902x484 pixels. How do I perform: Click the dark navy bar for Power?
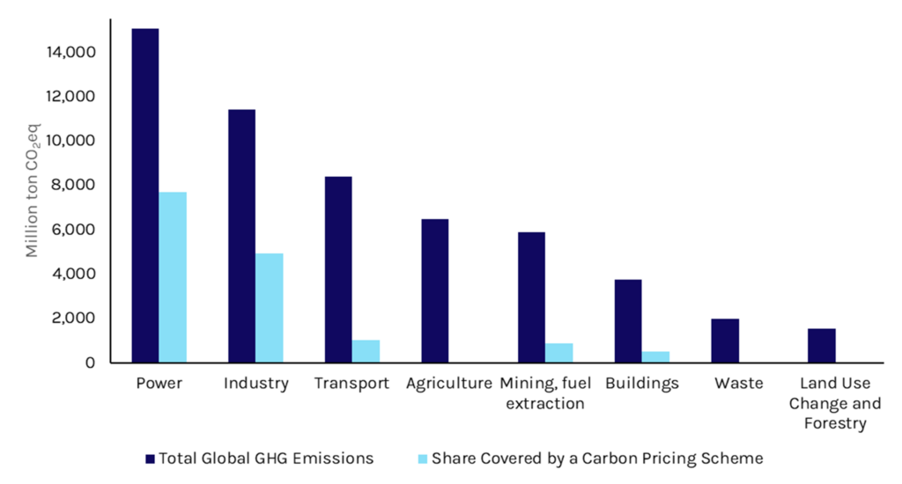[144, 195]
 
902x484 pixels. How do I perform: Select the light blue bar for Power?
[173, 277]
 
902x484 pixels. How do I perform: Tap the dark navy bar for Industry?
[241, 236]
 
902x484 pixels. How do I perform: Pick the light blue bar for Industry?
[270, 308]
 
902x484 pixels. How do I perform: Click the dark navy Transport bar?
[338, 269]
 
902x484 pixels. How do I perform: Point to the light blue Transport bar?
[366, 351]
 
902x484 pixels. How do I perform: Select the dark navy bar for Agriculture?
[435, 290]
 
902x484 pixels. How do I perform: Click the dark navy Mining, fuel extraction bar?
[531, 297]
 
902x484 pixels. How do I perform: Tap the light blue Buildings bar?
[655, 356]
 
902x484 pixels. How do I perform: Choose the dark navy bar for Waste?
[725, 341]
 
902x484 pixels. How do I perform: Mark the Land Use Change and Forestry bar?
[822, 345]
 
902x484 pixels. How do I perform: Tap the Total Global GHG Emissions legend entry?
[259, 458]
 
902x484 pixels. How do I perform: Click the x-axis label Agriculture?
[448, 384]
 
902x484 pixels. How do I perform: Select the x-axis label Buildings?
[642, 384]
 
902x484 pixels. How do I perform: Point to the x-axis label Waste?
[738, 384]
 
